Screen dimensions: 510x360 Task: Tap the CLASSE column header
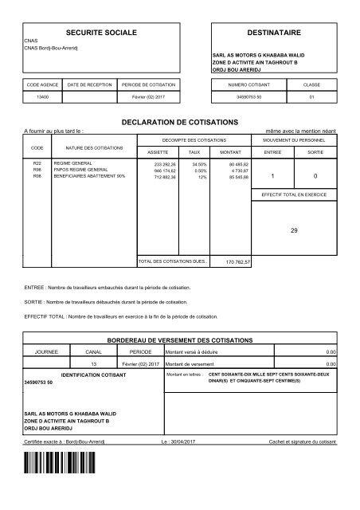tap(312, 83)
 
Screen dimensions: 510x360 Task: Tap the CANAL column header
tap(93, 351)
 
